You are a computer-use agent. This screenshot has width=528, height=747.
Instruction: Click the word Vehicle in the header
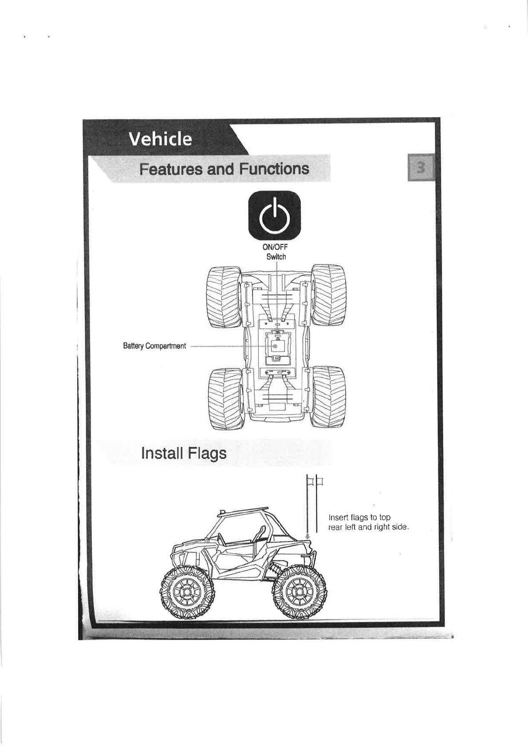click(x=160, y=139)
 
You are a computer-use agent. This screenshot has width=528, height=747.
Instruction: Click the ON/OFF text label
click(x=276, y=248)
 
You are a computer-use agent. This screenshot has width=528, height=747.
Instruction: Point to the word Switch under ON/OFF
click(x=276, y=257)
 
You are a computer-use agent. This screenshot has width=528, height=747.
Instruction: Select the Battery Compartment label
click(x=154, y=346)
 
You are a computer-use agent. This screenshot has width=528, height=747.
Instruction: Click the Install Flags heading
click(x=183, y=453)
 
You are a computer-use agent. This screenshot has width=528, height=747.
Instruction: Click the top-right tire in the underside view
click(x=329, y=296)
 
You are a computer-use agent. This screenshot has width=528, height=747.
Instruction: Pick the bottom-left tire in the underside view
click(x=226, y=398)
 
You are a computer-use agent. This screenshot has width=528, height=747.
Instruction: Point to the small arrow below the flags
click(x=307, y=535)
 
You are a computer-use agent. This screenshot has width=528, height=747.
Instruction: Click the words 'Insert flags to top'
click(x=359, y=518)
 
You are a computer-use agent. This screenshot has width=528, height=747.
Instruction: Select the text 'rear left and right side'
click(x=367, y=527)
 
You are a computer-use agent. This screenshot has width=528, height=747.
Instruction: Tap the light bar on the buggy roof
click(x=244, y=510)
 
